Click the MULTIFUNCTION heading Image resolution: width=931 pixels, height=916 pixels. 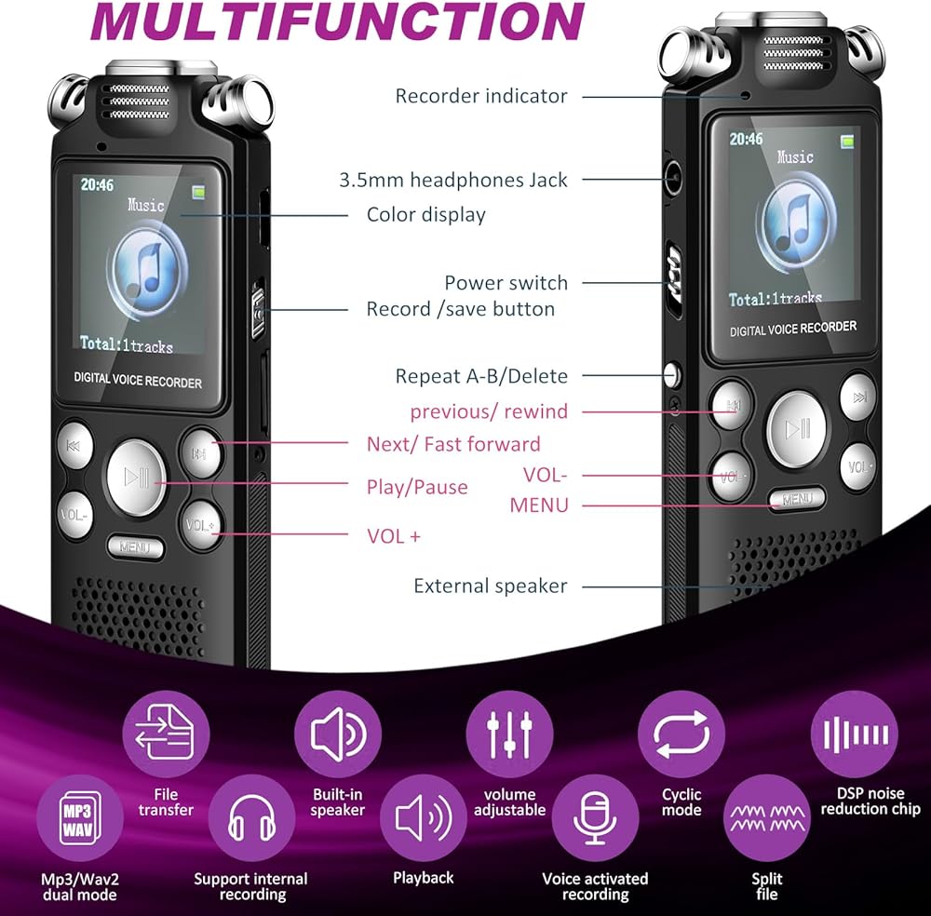tap(337, 21)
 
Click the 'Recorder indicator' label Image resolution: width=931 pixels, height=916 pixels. tap(480, 96)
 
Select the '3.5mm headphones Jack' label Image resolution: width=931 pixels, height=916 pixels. tap(452, 181)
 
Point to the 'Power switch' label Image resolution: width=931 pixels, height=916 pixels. tap(506, 283)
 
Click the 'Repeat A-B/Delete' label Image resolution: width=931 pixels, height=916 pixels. tap(481, 376)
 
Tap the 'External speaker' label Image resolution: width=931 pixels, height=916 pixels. tap(490, 586)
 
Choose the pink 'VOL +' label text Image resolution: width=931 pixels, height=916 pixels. tap(394, 536)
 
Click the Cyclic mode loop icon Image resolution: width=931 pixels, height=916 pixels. tap(681, 736)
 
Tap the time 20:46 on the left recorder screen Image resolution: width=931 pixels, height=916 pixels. tap(97, 185)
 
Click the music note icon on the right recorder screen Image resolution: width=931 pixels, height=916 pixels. tap(794, 222)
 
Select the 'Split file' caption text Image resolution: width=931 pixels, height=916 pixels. tap(767, 886)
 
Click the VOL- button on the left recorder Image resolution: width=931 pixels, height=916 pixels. tap(74, 515)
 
